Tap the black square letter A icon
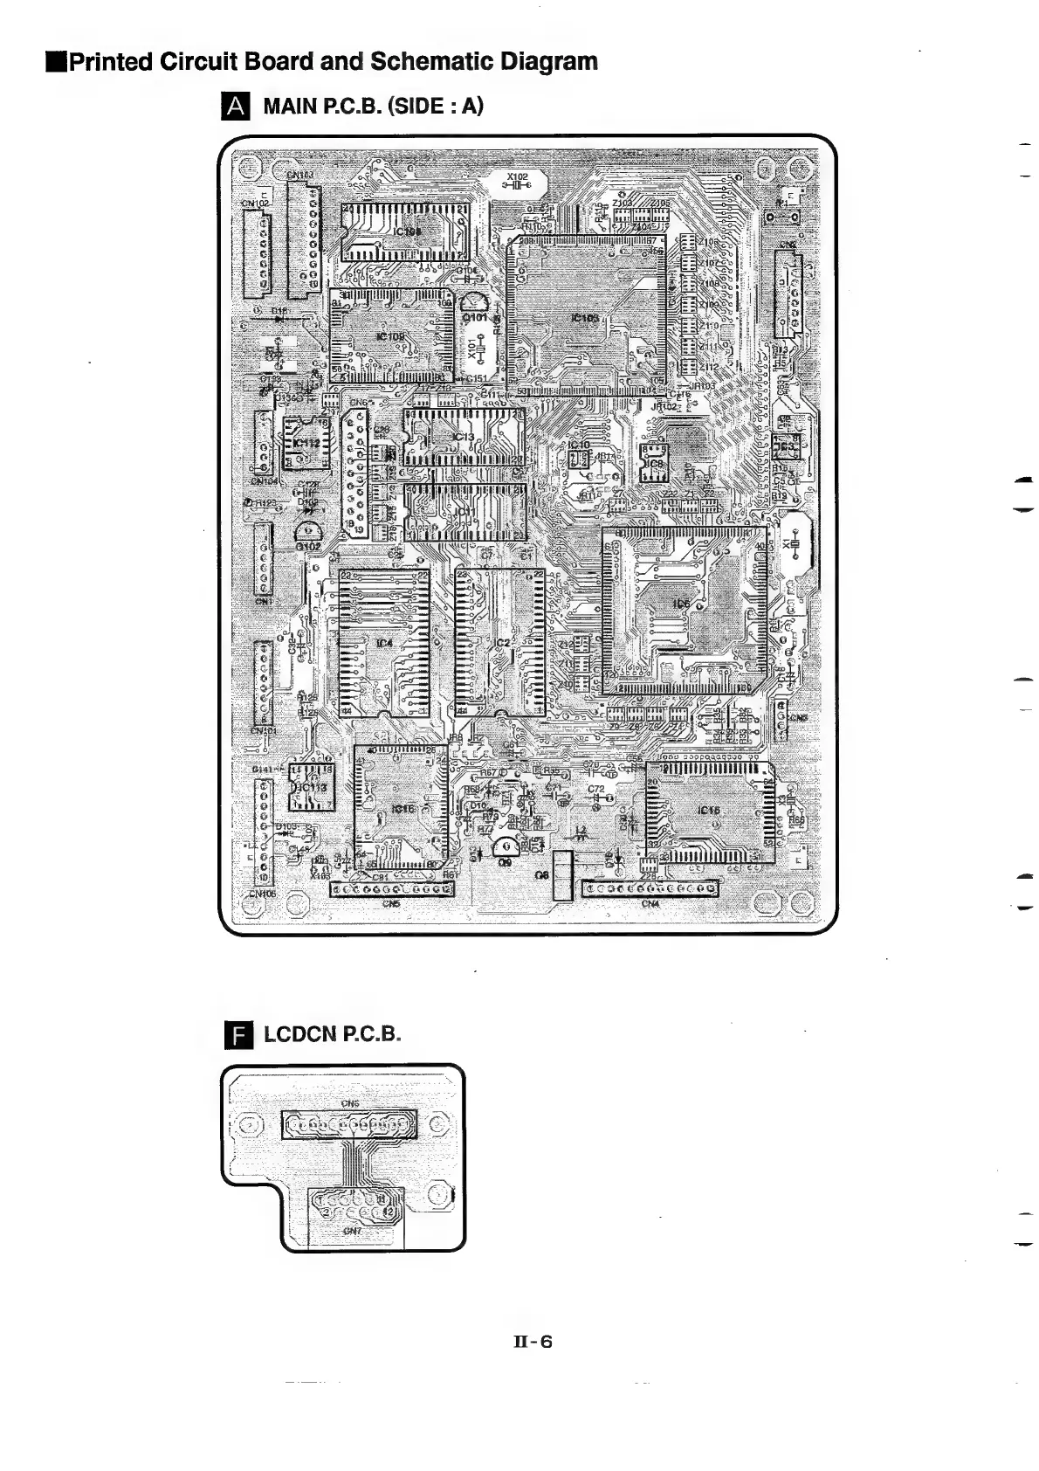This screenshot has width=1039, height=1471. [236, 107]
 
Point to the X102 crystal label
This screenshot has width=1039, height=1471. [518, 176]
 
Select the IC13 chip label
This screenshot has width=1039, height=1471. [463, 437]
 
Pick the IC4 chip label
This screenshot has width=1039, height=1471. [384, 644]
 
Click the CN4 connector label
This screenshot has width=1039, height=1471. [650, 903]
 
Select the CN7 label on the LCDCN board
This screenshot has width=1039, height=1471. [351, 1232]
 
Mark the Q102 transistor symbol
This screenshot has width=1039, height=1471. [307, 533]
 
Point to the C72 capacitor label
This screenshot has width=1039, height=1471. [596, 789]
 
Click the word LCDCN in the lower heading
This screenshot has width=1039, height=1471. [299, 1034]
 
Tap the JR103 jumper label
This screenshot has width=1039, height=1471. [701, 385]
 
